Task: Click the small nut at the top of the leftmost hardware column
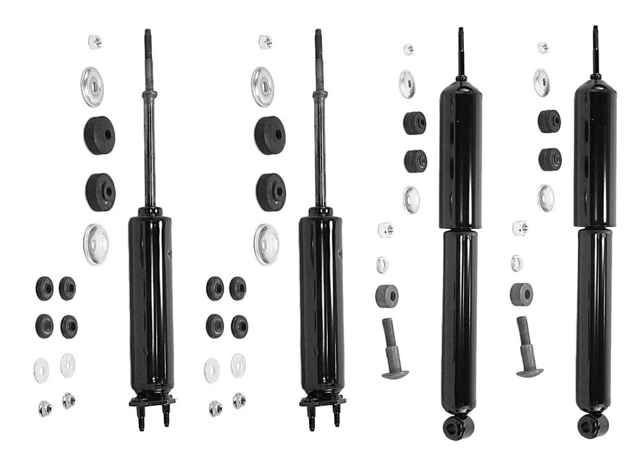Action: pyautogui.click(x=95, y=42)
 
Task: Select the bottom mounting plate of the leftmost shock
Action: pyautogui.click(x=152, y=400)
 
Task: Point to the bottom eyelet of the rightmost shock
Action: pyautogui.click(x=593, y=426)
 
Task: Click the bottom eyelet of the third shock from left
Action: pyautogui.click(x=458, y=426)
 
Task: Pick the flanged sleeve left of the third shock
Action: pyautogui.click(x=394, y=349)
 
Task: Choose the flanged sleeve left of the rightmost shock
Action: pyautogui.click(x=529, y=348)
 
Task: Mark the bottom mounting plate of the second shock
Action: pyautogui.click(x=322, y=400)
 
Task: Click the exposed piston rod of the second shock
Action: pyautogui.click(x=320, y=153)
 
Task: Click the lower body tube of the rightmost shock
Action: pyautogui.click(x=594, y=318)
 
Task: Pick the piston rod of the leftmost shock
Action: pyautogui.click(x=150, y=153)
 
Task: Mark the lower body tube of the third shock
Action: pyautogui.click(x=459, y=318)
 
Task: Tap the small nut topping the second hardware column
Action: pyautogui.click(x=265, y=42)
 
